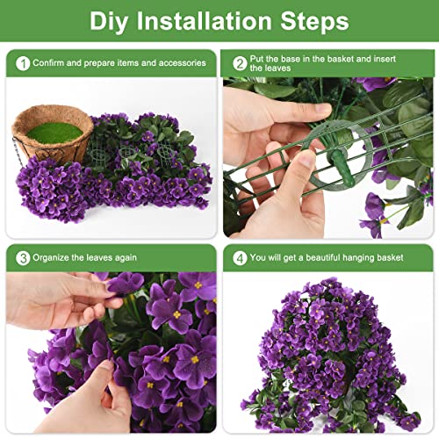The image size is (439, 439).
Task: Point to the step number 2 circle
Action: tap(240, 63)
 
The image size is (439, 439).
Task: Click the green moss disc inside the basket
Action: tap(54, 132)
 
